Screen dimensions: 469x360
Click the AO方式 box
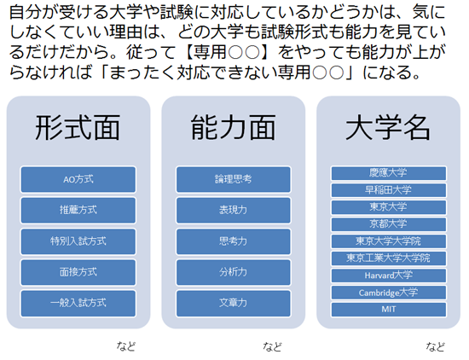(78, 179)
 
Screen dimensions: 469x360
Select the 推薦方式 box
(78, 210)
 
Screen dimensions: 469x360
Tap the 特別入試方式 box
(78, 241)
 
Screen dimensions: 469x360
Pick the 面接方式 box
(78, 272)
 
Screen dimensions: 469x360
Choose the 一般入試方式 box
(78, 303)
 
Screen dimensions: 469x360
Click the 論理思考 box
(234, 179)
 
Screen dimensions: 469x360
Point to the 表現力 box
(234, 210)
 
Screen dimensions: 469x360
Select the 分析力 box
(234, 272)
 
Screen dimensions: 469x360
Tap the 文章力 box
(234, 303)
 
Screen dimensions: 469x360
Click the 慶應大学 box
(389, 173)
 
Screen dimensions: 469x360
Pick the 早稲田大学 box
(389, 190)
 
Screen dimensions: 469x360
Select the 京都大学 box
(389, 224)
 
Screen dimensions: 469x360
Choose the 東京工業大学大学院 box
(389, 258)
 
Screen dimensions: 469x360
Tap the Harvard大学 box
(389, 276)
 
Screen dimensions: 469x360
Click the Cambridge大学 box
(389, 293)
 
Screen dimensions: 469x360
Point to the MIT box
(389, 310)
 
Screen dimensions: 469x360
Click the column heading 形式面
(78, 128)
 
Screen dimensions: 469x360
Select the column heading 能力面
(234, 128)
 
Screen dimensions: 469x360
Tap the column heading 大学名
(388, 128)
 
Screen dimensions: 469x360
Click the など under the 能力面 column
(272, 346)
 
